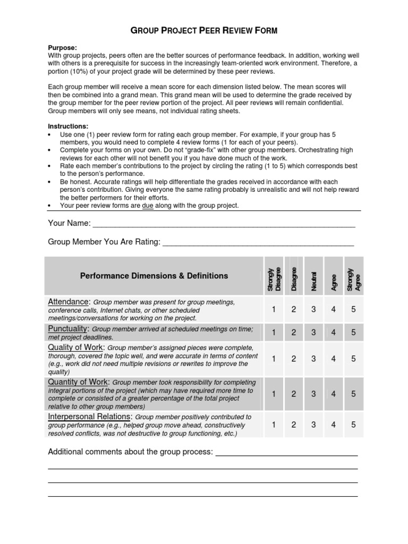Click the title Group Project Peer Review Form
[204, 31]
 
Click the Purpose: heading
[63, 47]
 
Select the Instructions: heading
[68, 126]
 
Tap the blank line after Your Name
[224, 224]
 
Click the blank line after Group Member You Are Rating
[258, 242]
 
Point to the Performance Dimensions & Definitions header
[154, 276]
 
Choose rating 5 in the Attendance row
[353, 310]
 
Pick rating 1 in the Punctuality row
[274, 333]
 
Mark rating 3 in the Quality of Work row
[313, 359]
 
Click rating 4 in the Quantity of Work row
[334, 394]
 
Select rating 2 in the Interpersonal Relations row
[293, 425]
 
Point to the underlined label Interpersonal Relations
[89, 416]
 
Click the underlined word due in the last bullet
[147, 206]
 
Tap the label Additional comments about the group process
[130, 452]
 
